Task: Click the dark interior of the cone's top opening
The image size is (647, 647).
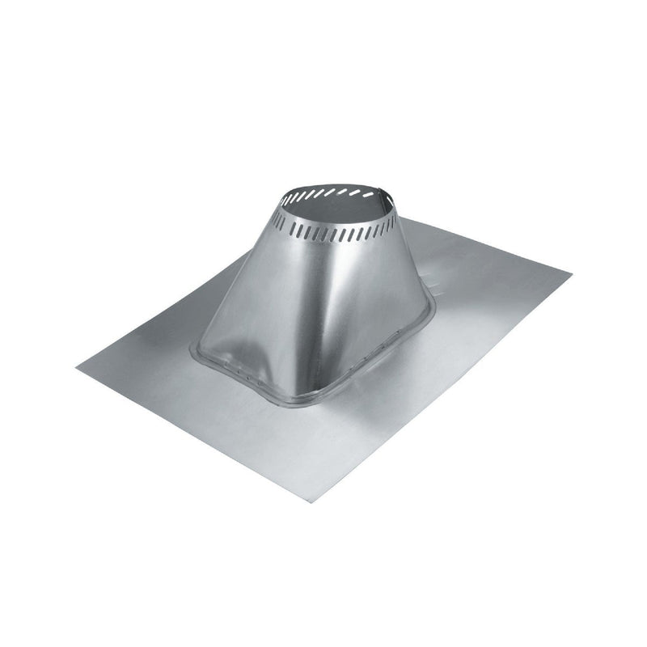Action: pos(336,207)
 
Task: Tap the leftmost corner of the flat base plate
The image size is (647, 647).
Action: pos(78,368)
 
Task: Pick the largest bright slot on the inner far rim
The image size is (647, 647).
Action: pos(369,195)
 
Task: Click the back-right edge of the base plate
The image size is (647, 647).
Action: pos(485,243)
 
